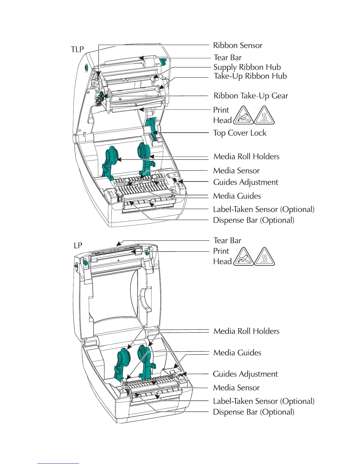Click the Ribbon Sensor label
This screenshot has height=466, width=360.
238,45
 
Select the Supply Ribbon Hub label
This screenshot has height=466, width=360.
247,67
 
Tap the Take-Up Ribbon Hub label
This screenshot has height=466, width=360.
250,76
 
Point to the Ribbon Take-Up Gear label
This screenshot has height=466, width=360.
251,96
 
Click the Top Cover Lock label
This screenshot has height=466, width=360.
240,133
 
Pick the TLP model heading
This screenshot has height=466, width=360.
77,49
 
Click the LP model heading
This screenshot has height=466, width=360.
78,245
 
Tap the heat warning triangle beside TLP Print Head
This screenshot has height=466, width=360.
264,116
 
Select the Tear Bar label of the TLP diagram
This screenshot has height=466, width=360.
228,58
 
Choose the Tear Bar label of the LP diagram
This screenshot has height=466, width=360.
227,241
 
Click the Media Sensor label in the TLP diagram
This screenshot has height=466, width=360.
236,171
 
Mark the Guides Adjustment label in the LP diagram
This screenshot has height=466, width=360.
245,374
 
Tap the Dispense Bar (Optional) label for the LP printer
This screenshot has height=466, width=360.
254,412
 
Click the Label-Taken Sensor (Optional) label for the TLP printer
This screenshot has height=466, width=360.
264,209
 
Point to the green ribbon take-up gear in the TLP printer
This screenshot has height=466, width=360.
101,96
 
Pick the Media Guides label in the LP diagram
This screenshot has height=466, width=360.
237,353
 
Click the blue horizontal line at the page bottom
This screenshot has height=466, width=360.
58,464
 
